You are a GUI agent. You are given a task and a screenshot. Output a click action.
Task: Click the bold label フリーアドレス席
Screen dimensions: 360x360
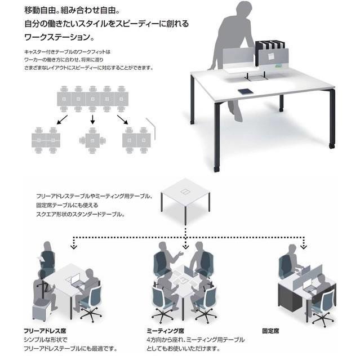[45, 331]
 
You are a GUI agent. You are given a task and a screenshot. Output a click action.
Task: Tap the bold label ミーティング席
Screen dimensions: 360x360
[166, 331]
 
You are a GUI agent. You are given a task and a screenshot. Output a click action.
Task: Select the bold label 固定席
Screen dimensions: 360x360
[270, 331]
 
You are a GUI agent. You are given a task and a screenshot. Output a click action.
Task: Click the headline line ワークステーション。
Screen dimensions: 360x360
[59, 37]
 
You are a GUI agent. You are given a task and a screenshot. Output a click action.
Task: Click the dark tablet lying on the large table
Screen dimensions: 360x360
[246, 91]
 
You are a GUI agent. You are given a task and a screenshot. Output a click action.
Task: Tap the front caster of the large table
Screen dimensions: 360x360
[216, 169]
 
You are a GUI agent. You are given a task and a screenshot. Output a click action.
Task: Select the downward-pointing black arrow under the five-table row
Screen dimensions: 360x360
[92, 119]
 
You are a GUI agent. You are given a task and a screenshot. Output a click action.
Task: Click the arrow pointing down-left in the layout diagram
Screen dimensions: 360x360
[62, 119]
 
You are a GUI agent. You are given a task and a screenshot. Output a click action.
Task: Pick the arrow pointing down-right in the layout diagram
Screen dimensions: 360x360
[123, 119]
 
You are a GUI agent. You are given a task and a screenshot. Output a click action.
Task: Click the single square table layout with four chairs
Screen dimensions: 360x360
[92, 140]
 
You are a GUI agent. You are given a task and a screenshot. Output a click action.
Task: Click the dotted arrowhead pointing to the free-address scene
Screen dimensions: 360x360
[73, 247]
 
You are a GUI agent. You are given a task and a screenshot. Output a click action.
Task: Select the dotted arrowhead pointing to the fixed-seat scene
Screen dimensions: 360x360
[304, 247]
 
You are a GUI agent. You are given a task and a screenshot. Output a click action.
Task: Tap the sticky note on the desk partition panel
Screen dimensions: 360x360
[272, 56]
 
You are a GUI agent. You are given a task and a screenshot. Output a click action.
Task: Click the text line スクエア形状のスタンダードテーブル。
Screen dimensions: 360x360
[81, 214]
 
